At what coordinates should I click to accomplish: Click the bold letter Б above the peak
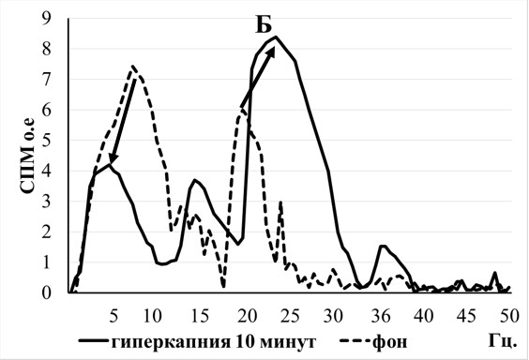[x=264, y=25]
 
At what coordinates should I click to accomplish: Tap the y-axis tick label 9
[x=46, y=19]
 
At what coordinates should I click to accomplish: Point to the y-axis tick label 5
[x=46, y=141]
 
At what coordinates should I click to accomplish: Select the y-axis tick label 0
[x=46, y=292]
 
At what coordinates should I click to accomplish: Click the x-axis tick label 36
[x=381, y=316]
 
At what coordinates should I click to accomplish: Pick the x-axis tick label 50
[x=508, y=316]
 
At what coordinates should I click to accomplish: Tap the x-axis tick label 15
[x=200, y=316]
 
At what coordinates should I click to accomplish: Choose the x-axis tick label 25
[x=291, y=316]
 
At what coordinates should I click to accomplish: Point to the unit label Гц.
[x=503, y=341]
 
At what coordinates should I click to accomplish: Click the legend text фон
[x=389, y=342]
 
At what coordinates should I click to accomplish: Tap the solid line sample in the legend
[x=94, y=341]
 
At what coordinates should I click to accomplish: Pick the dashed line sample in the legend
[x=355, y=341]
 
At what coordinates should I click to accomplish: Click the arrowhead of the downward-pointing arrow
[x=113, y=158]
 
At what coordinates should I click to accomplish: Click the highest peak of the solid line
[x=276, y=37]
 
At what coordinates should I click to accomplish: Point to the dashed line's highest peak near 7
[x=132, y=66]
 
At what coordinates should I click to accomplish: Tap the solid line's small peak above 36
[x=383, y=246]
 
